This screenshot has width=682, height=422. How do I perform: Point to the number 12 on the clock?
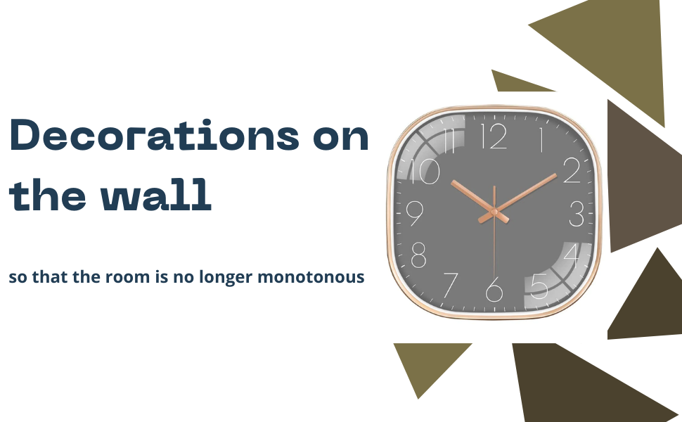click(494, 136)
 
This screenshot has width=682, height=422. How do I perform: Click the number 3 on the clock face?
click(577, 214)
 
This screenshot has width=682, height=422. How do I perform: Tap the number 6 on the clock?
click(494, 289)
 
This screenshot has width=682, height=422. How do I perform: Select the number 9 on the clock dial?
click(415, 213)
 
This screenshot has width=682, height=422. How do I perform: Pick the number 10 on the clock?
click(425, 171)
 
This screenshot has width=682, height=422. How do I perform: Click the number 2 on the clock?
click(572, 170)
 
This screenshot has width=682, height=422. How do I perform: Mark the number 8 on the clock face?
click(418, 255)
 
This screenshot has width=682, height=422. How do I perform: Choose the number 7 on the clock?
click(451, 285)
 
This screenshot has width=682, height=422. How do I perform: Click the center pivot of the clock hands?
click(494, 212)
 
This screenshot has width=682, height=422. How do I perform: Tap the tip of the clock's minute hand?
click(556, 175)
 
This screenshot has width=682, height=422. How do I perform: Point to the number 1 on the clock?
click(541, 140)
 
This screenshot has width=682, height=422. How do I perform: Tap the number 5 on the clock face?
click(539, 286)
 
